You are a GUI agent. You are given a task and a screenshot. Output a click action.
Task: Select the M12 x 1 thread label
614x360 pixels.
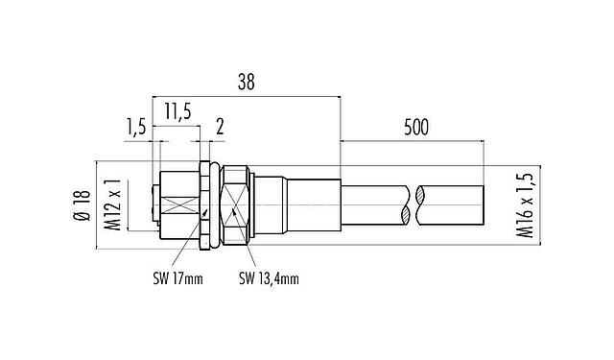click(113, 205)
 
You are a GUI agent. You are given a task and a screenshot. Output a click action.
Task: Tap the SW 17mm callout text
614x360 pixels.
click(176, 279)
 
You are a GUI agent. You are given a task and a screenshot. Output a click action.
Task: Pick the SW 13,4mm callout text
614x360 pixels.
click(269, 279)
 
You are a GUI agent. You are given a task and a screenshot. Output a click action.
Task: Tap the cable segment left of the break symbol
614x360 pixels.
click(374, 205)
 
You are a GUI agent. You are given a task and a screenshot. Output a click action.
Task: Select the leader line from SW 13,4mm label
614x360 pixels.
click(247, 252)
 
